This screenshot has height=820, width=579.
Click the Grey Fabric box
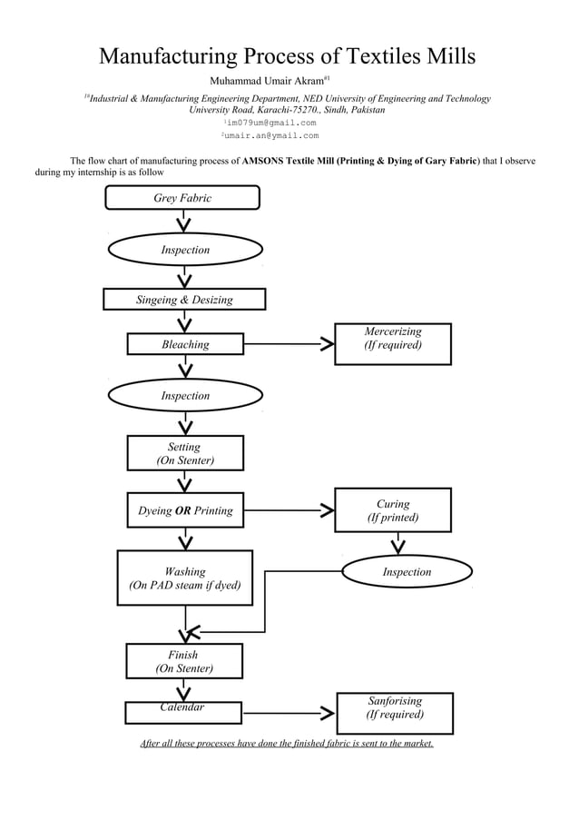tap(182, 198)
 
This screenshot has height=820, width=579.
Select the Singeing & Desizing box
tap(184, 300)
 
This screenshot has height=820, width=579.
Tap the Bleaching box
tap(185, 344)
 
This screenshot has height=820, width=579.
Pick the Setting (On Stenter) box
tap(185, 453)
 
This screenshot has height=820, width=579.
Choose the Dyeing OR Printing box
tap(185, 510)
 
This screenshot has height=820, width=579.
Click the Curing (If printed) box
tap(392, 510)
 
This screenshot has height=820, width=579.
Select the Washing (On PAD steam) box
tap(185, 578)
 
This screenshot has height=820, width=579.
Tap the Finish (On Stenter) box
tap(184, 661)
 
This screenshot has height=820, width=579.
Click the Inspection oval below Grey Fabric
tap(185, 250)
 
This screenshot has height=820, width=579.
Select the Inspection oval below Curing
tap(406, 572)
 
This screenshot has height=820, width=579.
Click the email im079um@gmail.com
tap(270, 123)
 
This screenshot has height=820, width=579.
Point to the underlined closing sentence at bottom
tap(287, 744)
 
